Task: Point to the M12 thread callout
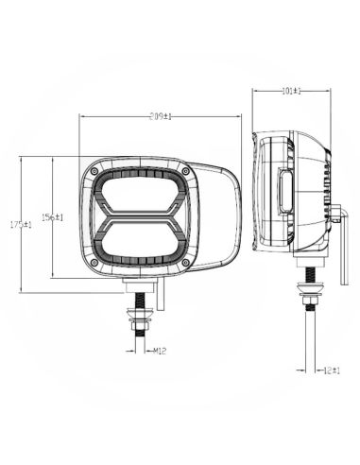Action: [x=160, y=351]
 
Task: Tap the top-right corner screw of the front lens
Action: [x=186, y=170]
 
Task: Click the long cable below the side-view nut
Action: [x=309, y=350]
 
